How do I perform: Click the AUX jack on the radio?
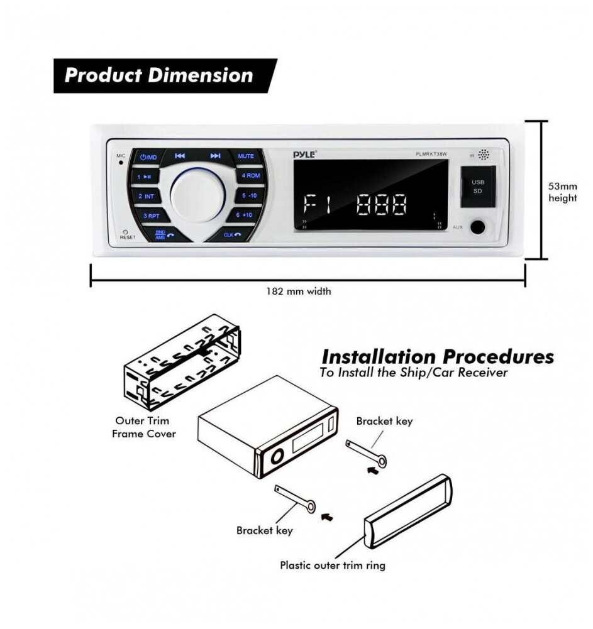click(x=478, y=227)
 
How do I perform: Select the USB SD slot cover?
click(x=478, y=187)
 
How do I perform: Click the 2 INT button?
click(x=146, y=197)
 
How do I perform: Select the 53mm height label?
click(x=562, y=192)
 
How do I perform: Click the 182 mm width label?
click(x=298, y=291)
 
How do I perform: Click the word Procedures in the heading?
click(x=498, y=357)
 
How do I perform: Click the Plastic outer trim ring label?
click(x=333, y=565)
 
